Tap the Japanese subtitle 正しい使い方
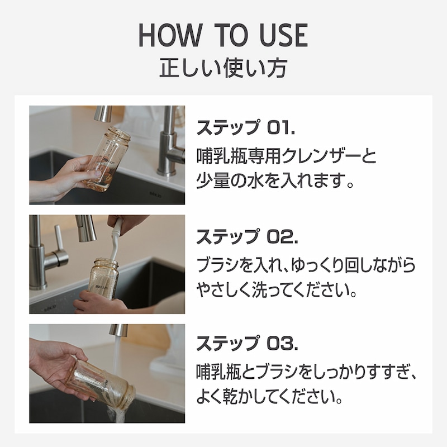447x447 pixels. [x=223, y=68]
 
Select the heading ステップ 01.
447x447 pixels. [x=246, y=127]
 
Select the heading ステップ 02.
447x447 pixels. [x=248, y=236]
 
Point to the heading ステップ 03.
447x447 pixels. [x=248, y=343]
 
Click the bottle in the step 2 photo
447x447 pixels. [x=103, y=279]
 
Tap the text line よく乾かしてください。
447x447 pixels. [x=269, y=396]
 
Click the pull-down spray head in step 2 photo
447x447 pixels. [x=85, y=228]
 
